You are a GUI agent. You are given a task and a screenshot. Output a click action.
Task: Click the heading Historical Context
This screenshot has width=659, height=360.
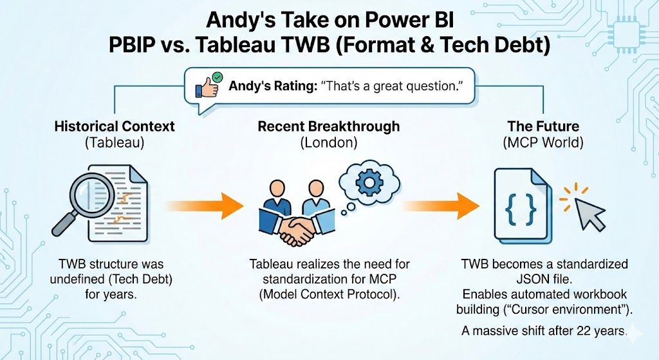point(114,126)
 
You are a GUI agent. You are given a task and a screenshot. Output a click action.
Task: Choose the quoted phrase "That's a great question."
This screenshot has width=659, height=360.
point(389,86)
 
